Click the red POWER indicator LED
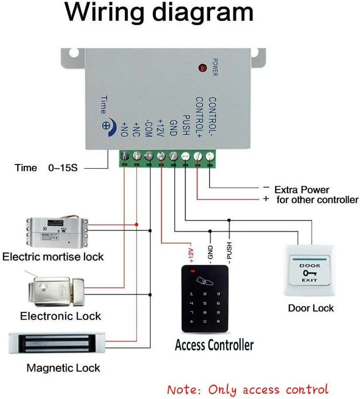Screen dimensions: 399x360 (203, 68)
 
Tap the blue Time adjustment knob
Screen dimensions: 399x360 (107, 125)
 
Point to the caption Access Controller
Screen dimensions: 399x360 (214, 344)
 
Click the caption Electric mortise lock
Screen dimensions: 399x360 (53, 257)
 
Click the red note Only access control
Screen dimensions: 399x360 (248, 390)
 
